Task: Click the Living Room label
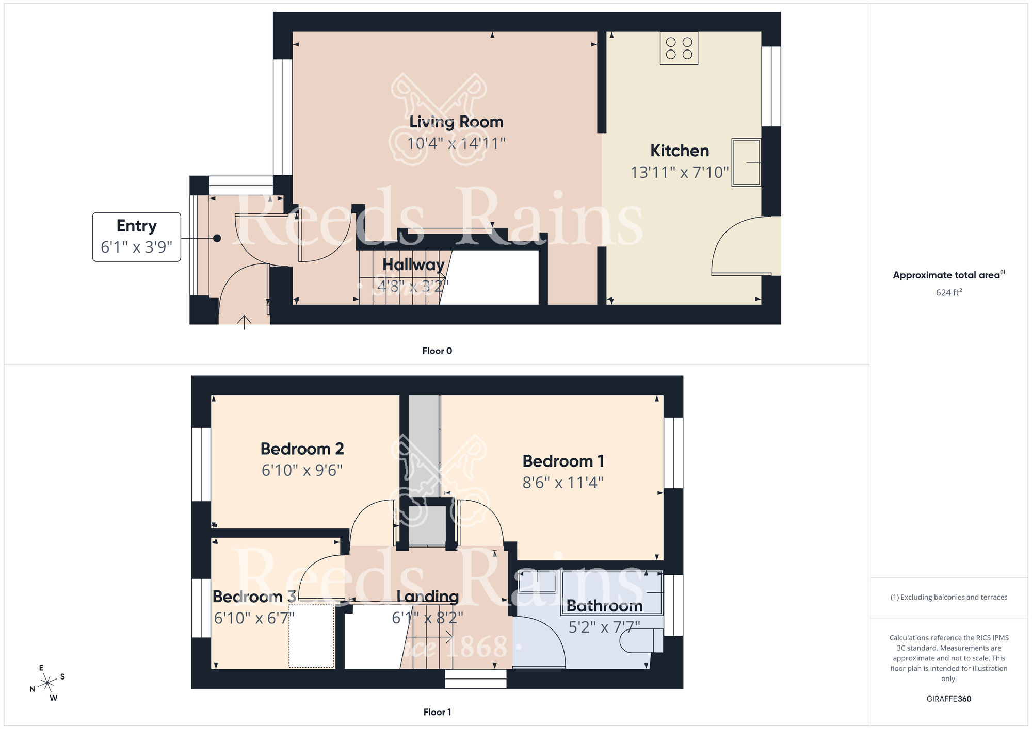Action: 456,122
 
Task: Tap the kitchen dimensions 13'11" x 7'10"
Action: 680,172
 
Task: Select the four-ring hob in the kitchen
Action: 679,48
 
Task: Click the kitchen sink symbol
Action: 746,162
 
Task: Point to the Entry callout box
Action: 137,237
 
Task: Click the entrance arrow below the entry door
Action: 244,322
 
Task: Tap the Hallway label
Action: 413,265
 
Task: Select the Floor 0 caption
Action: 437,351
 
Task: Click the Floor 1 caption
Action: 437,712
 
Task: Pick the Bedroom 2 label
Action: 302,449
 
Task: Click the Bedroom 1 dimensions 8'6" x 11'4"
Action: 563,483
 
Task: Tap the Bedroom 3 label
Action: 254,597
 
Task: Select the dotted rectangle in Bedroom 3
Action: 312,636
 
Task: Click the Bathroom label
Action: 604,606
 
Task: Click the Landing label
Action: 428,597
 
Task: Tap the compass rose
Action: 47,683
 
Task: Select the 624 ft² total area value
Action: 948,292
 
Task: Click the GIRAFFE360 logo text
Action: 948,699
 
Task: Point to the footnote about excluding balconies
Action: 948,598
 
